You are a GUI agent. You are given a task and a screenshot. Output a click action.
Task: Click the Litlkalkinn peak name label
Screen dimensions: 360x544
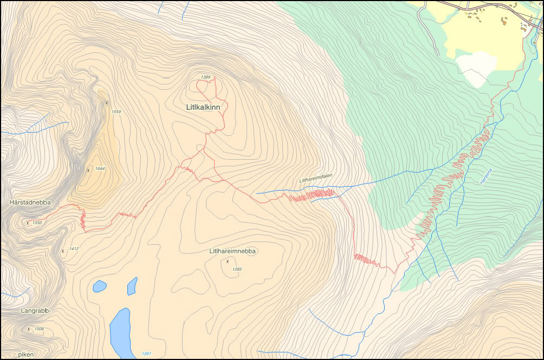[203, 108]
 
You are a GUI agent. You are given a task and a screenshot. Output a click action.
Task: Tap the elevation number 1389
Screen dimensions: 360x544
[205, 77]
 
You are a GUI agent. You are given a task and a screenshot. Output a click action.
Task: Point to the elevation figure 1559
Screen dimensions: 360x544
[116, 112]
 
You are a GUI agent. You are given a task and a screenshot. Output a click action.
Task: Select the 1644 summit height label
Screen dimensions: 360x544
[100, 169]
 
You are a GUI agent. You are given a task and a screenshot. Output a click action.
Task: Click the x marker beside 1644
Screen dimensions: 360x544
[88, 170]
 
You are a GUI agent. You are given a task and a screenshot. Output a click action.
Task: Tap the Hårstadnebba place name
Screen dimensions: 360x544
[30, 202]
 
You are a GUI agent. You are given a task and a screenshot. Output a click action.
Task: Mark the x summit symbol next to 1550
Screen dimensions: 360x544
[28, 222]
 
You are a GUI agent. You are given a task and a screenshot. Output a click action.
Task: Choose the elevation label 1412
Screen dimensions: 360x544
[74, 249]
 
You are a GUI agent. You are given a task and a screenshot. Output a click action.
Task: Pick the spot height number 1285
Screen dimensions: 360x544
[237, 269]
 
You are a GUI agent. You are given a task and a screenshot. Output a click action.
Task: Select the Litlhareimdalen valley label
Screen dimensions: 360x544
[315, 180]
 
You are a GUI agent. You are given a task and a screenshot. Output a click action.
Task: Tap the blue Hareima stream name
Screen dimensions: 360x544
[485, 178]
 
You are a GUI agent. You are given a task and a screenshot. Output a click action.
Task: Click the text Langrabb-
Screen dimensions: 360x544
[36, 311]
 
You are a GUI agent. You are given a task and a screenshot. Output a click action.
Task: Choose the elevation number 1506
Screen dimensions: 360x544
[39, 329]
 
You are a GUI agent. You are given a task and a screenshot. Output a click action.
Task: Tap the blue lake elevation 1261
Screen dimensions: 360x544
[146, 354]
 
